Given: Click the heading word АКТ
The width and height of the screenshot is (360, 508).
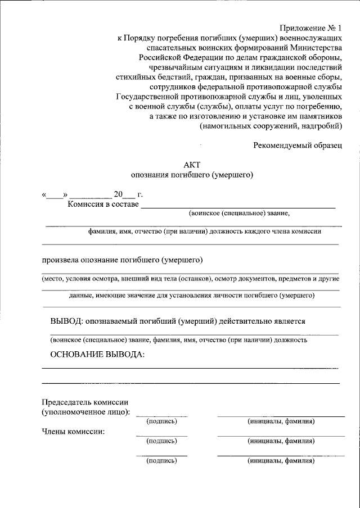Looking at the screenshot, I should (x=191, y=164).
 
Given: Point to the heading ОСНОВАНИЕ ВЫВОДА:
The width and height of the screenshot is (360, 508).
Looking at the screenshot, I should (x=97, y=355).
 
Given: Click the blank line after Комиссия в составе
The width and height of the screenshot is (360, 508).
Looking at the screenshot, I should (x=238, y=207).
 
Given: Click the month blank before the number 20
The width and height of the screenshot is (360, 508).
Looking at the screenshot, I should (x=91, y=196).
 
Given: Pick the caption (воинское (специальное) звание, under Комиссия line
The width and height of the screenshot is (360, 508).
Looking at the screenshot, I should (x=239, y=214).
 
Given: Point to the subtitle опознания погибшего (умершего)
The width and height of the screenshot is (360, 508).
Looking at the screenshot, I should (x=192, y=174).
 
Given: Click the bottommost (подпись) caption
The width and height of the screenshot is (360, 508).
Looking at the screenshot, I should (x=161, y=461).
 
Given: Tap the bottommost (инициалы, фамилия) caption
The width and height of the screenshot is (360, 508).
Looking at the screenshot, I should (x=281, y=461).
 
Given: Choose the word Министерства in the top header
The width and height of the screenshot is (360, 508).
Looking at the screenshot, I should (x=312, y=48).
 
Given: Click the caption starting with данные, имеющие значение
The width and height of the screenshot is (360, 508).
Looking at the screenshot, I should (x=191, y=295).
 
